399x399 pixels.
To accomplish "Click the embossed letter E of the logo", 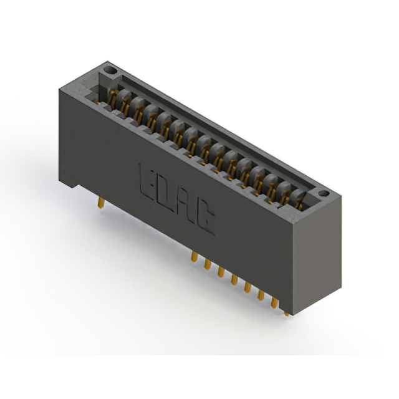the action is pos(146,181).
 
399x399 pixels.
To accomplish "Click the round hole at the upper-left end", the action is pos(110,70).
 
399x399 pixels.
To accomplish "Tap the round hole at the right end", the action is pos(324,193).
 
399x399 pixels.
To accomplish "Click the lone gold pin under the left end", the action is pos(101,203).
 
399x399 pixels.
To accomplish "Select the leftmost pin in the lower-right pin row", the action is pos(194,256).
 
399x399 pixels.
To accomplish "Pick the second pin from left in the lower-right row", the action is pos(208,264).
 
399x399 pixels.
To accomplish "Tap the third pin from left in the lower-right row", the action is pos(221,272).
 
